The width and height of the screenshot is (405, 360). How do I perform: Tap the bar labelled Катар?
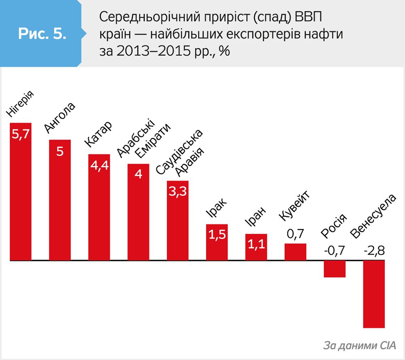[x=99, y=207]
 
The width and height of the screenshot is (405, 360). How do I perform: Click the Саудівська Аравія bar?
[x=178, y=220]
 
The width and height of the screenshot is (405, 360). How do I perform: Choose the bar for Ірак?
[x=217, y=242]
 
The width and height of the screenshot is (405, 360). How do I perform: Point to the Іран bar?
[x=256, y=247]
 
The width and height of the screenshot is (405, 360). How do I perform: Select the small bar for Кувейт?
[x=296, y=252]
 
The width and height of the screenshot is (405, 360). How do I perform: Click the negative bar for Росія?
[x=335, y=269]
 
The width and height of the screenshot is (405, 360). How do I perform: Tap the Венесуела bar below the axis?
[x=374, y=294]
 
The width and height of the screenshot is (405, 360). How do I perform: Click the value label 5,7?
[x=21, y=134]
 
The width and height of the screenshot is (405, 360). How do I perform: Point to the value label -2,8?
[x=374, y=251]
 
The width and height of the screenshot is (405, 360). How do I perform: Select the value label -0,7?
[x=335, y=251]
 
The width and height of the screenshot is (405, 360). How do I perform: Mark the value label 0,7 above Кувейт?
[x=295, y=234]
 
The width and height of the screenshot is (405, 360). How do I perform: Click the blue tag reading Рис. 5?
[x=42, y=33]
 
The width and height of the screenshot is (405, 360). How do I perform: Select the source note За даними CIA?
[x=360, y=345]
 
